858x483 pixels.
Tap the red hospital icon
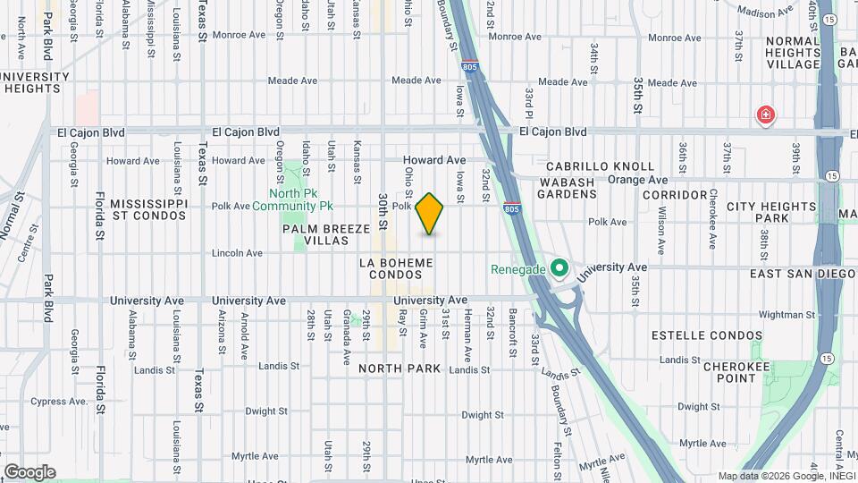click(x=765, y=114)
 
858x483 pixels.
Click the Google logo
click(x=29, y=472)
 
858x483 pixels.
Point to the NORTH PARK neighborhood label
click(x=400, y=369)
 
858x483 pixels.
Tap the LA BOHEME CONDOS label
click(x=396, y=268)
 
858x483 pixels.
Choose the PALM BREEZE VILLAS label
click(x=326, y=235)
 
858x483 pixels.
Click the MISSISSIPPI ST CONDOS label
click(x=148, y=210)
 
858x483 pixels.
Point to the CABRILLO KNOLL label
click(x=589, y=166)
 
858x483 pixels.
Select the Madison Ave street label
click(x=766, y=13)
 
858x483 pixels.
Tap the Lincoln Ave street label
click(x=237, y=253)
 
